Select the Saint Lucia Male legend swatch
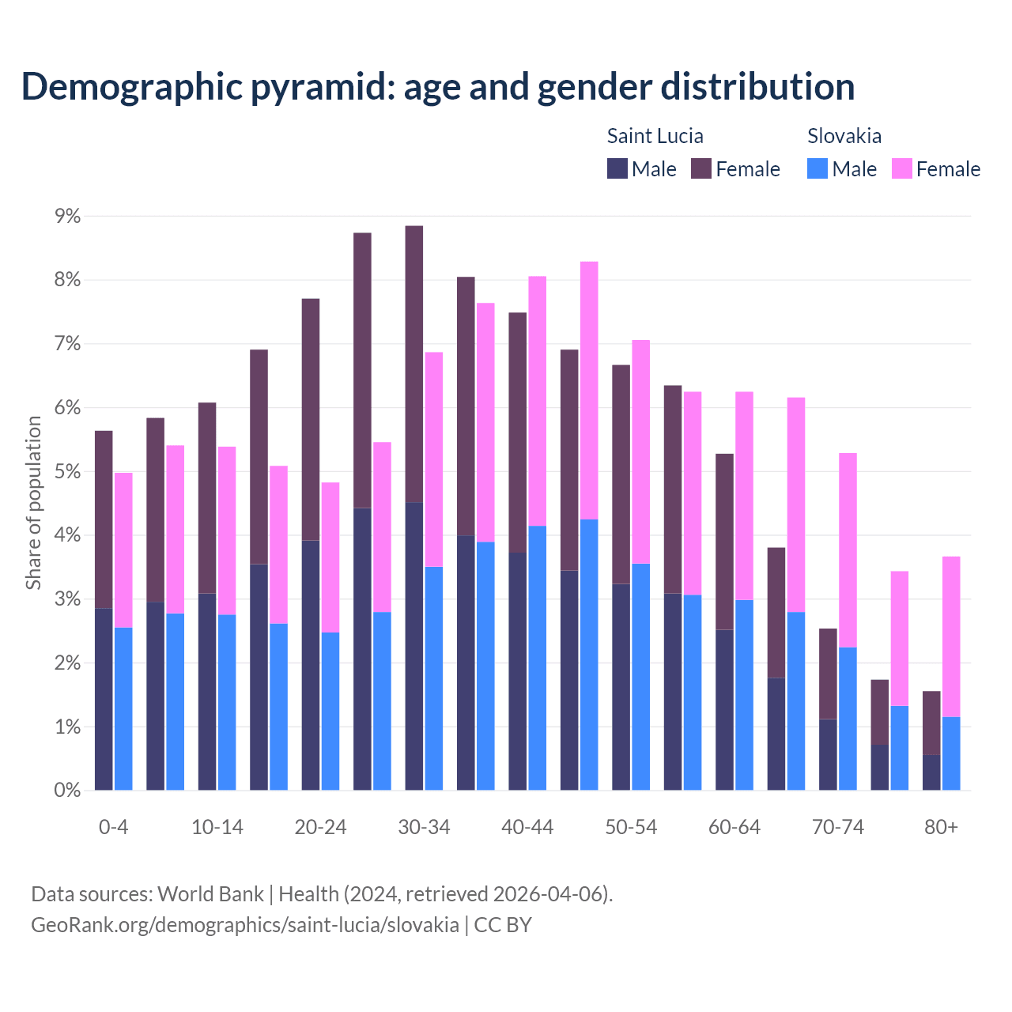[x=617, y=168]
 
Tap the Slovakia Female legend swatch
[x=901, y=168]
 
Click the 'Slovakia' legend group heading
[x=844, y=136]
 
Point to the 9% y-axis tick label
[x=66, y=216]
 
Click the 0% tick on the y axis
[x=66, y=790]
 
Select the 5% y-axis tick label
[x=66, y=471]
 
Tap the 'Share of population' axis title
[x=33, y=503]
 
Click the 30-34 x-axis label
[x=424, y=827]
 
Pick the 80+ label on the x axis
[x=941, y=827]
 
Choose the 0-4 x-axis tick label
[x=113, y=827]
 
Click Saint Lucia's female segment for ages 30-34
[x=414, y=364]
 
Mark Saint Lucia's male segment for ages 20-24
[x=311, y=665]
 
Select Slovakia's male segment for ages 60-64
[x=744, y=695]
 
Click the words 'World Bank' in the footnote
[x=210, y=894]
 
